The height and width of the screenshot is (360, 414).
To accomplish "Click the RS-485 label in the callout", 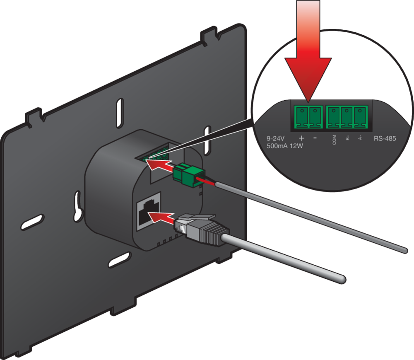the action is pos(385,138).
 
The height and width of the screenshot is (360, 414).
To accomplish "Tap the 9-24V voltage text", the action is pos(275,138).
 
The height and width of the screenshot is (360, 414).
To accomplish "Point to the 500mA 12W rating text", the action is pos(285,146).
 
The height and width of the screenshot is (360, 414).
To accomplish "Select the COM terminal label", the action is pos(334,140).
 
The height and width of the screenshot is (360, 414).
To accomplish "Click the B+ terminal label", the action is pos(347,138).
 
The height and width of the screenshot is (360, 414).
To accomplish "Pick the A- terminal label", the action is pos(360,138).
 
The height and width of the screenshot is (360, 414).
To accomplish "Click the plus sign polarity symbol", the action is pos(301,138).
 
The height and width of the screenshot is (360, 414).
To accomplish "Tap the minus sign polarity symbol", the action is pos(315,138).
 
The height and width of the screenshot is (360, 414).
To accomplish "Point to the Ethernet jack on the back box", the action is pos(148,211).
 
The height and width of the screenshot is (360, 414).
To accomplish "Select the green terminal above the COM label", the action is pos(334,117).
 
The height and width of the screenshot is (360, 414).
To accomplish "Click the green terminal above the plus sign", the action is pos(301,117).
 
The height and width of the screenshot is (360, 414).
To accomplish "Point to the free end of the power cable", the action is pos(404,250).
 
